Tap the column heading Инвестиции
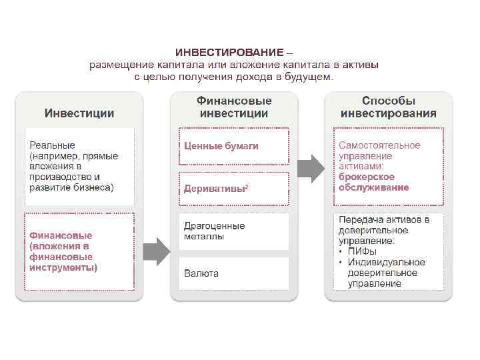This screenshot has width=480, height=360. click(x=79, y=113)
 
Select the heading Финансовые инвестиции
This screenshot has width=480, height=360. click(x=234, y=107)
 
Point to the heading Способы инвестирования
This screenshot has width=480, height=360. click(x=388, y=107)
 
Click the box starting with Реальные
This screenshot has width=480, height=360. click(x=79, y=166)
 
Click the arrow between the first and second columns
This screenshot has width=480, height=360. click(x=156, y=251)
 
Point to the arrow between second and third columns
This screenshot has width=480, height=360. click(x=309, y=168)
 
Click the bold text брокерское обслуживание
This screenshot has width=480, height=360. click(x=367, y=182)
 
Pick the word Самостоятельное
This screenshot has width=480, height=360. click(x=379, y=145)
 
